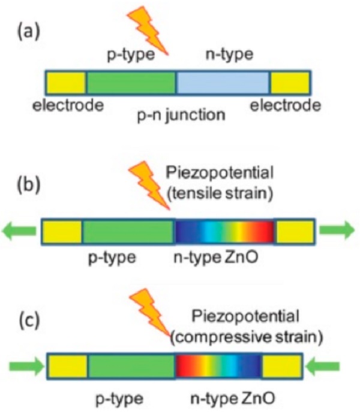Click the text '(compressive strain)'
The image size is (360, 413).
247,337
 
